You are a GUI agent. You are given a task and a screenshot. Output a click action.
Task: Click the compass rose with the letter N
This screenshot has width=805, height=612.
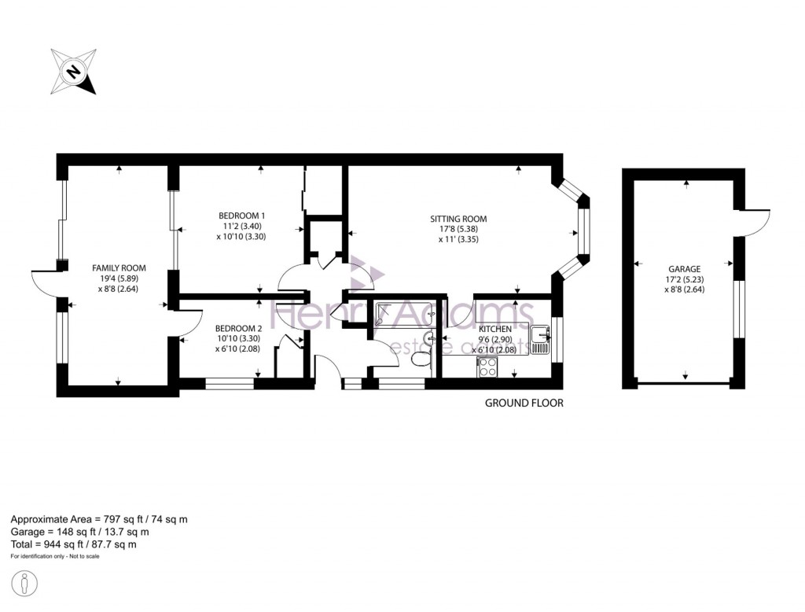tap(73, 72)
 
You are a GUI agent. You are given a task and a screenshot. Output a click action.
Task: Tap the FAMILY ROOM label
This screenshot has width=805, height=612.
tap(119, 267)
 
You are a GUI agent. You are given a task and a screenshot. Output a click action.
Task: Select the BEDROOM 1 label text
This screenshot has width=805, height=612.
tap(241, 216)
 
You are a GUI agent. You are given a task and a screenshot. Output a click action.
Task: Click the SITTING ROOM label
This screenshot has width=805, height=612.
tap(458, 219)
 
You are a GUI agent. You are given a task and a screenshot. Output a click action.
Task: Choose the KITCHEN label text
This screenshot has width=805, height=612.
tap(495, 329)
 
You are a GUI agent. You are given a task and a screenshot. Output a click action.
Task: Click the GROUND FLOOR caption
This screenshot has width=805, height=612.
tap(524, 403)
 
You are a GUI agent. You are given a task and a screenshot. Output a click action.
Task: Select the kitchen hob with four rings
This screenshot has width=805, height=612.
tap(486, 367)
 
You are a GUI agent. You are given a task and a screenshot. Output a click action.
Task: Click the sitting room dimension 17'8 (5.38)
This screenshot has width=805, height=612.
tap(458, 230)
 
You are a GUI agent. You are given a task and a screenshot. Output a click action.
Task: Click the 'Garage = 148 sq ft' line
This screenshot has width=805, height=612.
tap(78, 532)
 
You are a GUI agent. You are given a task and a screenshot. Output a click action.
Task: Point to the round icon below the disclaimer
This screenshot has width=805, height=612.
tap(26, 584)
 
